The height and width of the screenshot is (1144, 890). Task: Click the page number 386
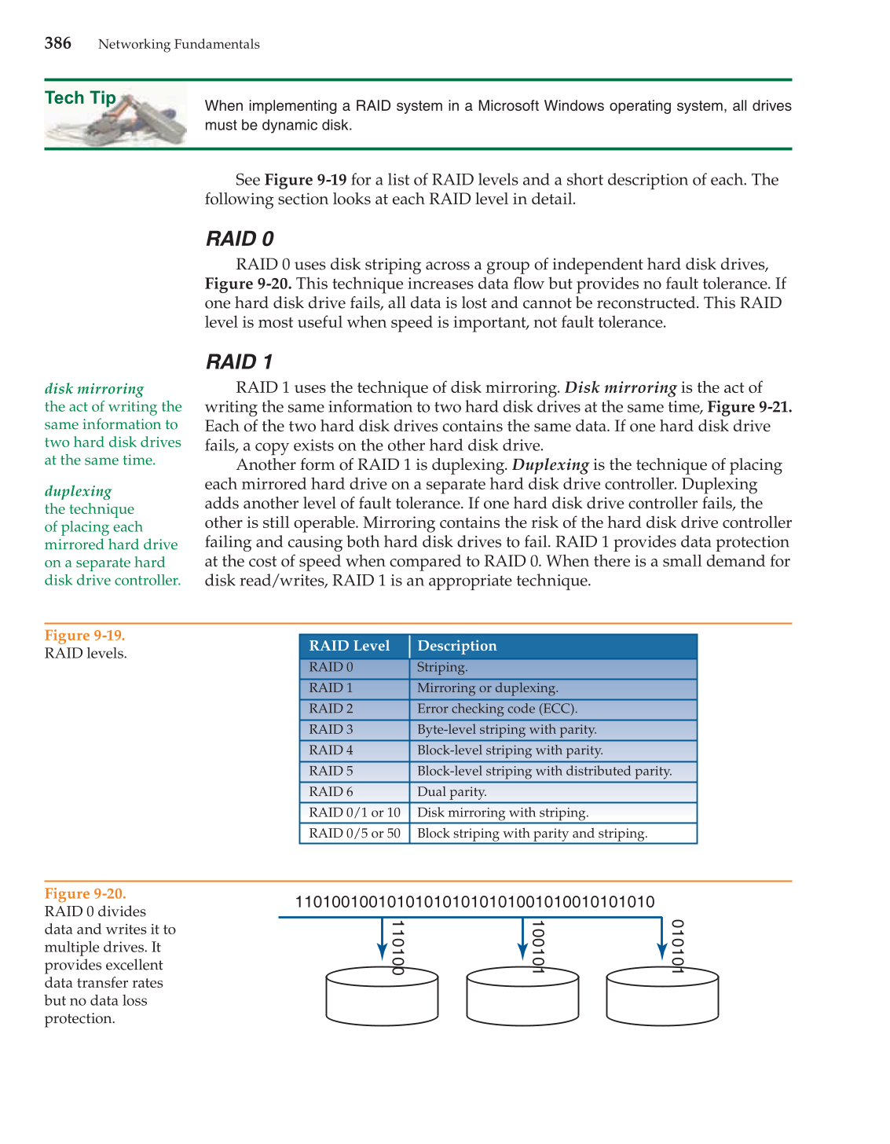tap(58, 43)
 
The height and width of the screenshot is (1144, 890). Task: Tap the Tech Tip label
tap(80, 98)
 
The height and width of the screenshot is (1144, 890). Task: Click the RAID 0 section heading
tap(240, 239)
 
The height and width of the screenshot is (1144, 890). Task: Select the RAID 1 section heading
tap(239, 362)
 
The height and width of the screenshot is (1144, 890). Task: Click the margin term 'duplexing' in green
tap(78, 491)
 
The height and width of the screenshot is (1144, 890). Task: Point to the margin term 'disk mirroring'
tap(94, 389)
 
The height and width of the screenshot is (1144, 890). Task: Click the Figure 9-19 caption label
tap(85, 636)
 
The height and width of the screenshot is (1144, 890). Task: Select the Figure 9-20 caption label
tap(85, 894)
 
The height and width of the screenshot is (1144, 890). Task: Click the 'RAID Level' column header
tap(349, 646)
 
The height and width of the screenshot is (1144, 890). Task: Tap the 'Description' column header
tap(456, 646)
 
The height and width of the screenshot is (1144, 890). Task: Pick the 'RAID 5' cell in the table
tap(331, 771)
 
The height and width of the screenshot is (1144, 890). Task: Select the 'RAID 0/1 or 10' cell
tap(354, 812)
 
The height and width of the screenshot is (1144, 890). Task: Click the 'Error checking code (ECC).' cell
tap(496, 709)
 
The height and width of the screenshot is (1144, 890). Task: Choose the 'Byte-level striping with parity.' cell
tap(507, 729)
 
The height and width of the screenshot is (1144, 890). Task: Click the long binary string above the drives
tap(474, 902)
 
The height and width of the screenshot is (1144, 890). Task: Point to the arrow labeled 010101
tap(663, 940)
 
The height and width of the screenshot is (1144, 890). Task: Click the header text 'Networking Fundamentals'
tap(178, 44)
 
